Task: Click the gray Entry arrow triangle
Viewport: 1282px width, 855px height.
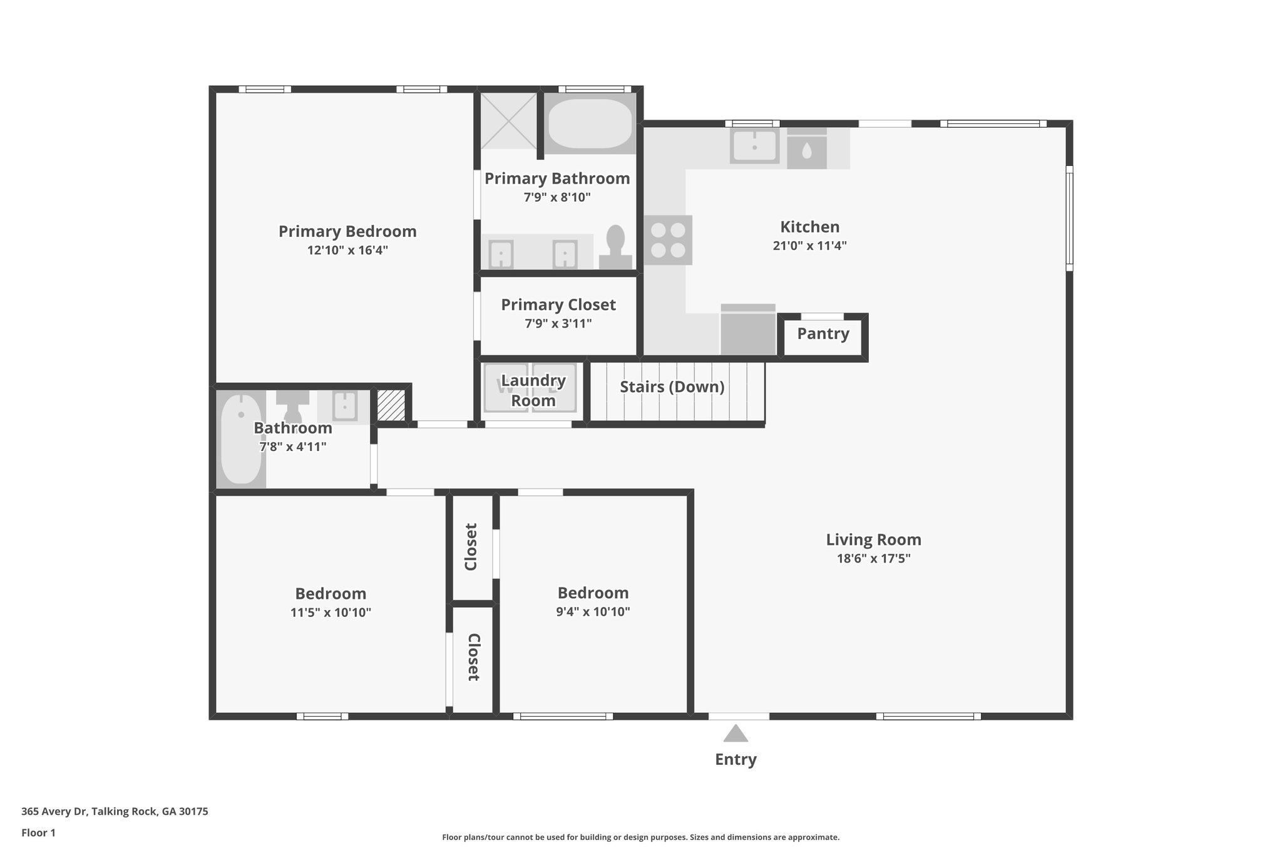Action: [736, 733]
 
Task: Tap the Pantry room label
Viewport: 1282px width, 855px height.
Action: [823, 334]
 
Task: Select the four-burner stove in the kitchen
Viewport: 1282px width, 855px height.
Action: [668, 240]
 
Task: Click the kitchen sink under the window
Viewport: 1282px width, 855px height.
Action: [754, 147]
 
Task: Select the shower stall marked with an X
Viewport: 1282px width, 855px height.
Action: [508, 121]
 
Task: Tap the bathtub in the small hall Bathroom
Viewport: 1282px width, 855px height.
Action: [241, 439]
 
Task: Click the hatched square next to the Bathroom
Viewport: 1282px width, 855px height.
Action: [391, 406]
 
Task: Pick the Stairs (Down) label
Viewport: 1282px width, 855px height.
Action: [672, 387]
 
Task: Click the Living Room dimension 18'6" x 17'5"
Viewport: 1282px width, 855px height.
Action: [873, 559]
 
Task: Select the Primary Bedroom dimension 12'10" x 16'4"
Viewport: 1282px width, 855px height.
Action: [347, 251]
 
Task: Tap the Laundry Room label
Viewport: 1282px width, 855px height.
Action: [533, 390]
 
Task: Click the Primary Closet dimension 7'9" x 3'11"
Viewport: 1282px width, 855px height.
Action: [558, 324]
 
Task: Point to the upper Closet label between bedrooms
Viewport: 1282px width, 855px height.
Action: [471, 547]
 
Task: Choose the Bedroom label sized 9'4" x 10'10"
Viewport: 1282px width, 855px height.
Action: [593, 593]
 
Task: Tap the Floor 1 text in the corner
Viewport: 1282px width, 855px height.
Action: [38, 832]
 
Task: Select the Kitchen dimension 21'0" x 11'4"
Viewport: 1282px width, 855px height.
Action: [809, 246]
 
